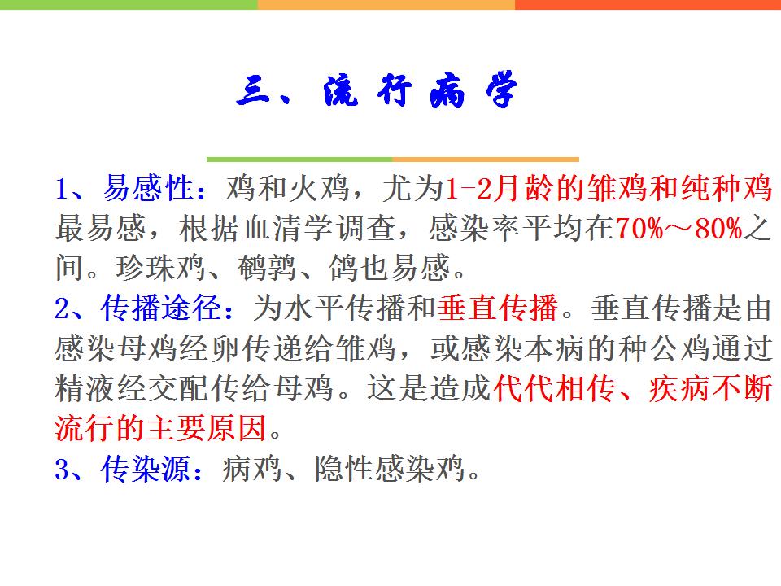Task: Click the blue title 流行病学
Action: (x=420, y=90)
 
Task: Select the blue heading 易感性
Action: (x=148, y=189)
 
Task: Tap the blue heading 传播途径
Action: (x=161, y=308)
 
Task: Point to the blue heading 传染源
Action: (x=146, y=469)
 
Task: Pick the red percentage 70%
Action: (x=639, y=229)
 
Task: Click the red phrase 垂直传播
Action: (x=498, y=308)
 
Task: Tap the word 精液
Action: (x=85, y=388)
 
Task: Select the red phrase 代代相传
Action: (x=553, y=388)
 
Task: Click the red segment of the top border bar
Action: (x=648, y=5)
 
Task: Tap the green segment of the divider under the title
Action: (x=299, y=160)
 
